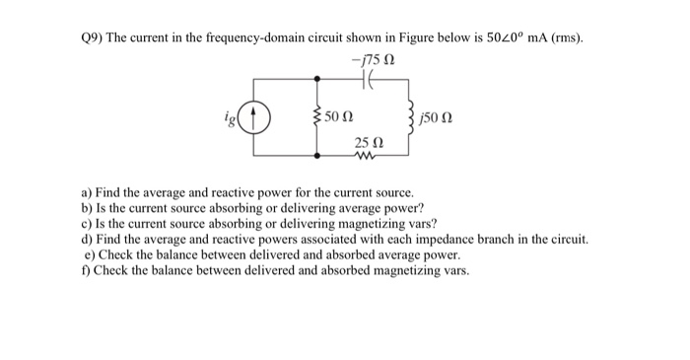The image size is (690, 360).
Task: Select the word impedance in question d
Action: (454, 240)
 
